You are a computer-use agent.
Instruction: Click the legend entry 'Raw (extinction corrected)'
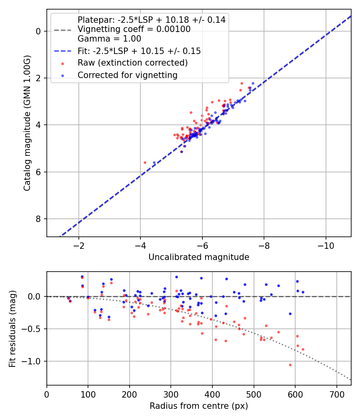[132, 63]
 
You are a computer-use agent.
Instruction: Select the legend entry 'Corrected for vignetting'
[128, 75]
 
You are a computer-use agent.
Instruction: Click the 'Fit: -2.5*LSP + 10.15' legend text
[139, 51]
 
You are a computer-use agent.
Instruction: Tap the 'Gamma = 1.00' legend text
[109, 39]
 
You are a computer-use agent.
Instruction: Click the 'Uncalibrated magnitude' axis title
[199, 257]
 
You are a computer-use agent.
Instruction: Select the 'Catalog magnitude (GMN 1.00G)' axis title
[27, 124]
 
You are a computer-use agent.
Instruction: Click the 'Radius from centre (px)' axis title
[199, 406]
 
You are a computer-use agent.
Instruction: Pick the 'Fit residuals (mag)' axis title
[12, 328]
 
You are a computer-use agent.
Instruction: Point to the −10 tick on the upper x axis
[326, 245]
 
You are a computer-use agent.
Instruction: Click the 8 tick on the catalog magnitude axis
[39, 219]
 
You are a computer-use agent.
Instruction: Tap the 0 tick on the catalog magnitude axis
[39, 31]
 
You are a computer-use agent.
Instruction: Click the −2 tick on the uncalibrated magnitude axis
[78, 245]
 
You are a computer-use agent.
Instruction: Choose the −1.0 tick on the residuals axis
[34, 361]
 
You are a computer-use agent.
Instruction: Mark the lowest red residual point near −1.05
[290, 365]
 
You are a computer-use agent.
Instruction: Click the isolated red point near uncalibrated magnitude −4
[145, 162]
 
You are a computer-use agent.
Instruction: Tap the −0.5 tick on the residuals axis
[34, 329]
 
